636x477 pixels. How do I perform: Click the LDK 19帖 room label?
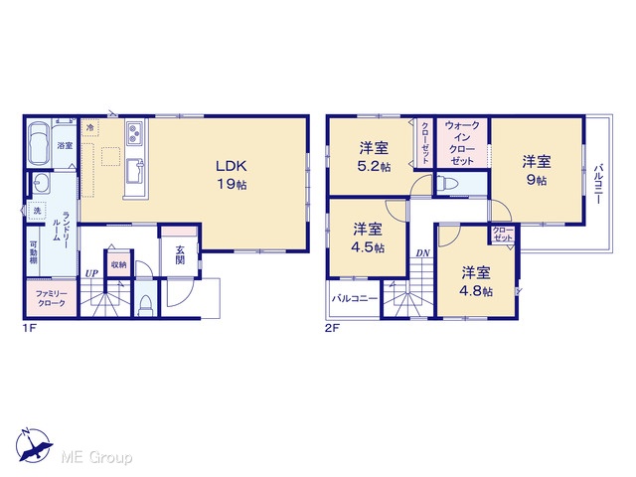(x=232, y=175)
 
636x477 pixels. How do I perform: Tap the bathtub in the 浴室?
(x=40, y=143)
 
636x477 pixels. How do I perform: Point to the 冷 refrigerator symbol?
(x=89, y=127)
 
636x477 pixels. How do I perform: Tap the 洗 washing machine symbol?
(x=37, y=211)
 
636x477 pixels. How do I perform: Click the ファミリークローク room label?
(x=51, y=298)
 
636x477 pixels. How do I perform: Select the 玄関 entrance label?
(x=180, y=255)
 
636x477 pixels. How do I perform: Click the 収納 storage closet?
(x=119, y=264)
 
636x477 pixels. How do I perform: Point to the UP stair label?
(x=91, y=273)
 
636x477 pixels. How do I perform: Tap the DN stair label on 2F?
(x=422, y=253)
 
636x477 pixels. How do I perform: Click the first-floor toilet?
(x=144, y=305)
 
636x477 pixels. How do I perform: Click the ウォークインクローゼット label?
(x=462, y=143)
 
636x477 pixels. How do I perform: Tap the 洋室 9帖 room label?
(x=537, y=170)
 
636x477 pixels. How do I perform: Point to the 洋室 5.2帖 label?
(x=374, y=157)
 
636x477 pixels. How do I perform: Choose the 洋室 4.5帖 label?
(x=368, y=238)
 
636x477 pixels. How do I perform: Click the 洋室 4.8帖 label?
(x=476, y=281)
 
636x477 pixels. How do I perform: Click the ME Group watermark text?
(x=96, y=457)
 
